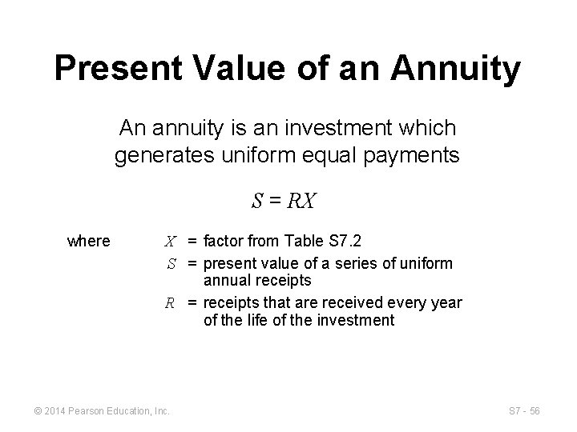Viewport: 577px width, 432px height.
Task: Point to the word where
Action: pyautogui.click(x=89, y=241)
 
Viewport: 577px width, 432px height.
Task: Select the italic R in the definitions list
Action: pyautogui.click(x=171, y=303)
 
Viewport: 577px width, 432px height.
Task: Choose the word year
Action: pyautogui.click(x=446, y=303)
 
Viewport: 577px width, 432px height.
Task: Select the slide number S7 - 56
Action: pyautogui.click(x=524, y=411)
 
